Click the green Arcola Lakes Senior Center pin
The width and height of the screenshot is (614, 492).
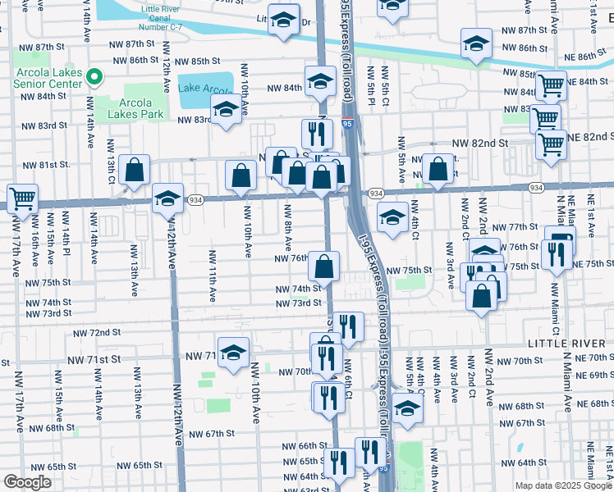(94, 78)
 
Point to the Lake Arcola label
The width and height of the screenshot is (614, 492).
(206, 87)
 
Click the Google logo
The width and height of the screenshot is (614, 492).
(28, 482)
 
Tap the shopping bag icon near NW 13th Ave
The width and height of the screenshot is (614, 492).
(134, 170)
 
